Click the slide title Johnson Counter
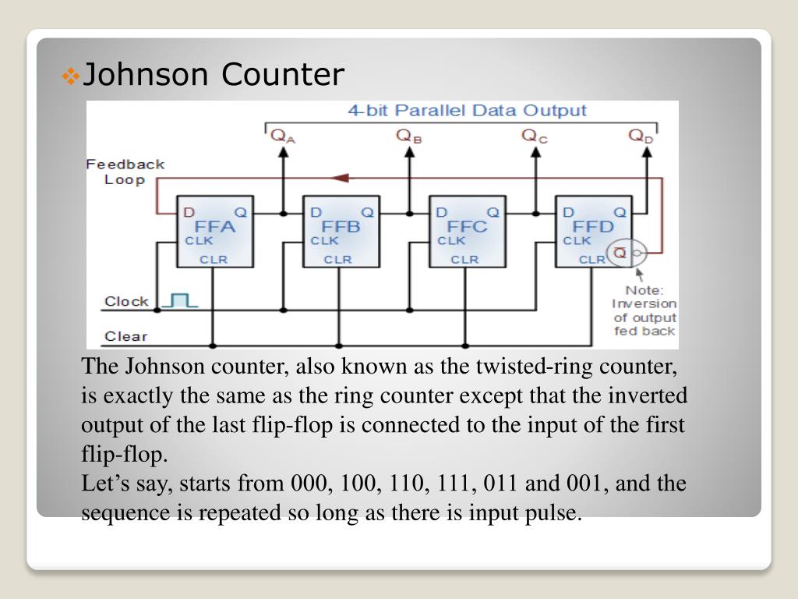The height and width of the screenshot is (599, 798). coord(213,75)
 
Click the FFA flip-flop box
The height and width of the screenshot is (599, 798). coord(210,231)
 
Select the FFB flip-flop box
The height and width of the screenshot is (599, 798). coord(337,231)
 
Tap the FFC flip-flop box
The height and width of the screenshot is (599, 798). coord(464,231)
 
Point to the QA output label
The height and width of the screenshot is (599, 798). coord(283,136)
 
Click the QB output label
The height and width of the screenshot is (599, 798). coord(409,136)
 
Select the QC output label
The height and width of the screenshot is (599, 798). coord(535,136)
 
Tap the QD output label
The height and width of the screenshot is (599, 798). coord(641,136)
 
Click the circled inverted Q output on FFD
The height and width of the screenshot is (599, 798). coord(627,253)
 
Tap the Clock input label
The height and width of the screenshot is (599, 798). coord(126,301)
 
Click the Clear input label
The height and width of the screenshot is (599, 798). coord(125,336)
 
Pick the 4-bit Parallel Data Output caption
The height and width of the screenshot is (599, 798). coord(466,111)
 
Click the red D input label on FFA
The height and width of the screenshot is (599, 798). coord(188,212)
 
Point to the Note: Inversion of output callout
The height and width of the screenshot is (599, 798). coord(644,310)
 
